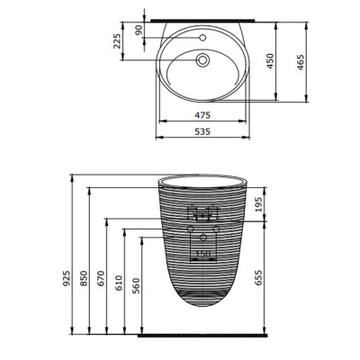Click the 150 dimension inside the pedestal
click(203, 255)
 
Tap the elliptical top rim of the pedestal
click(203, 180)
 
